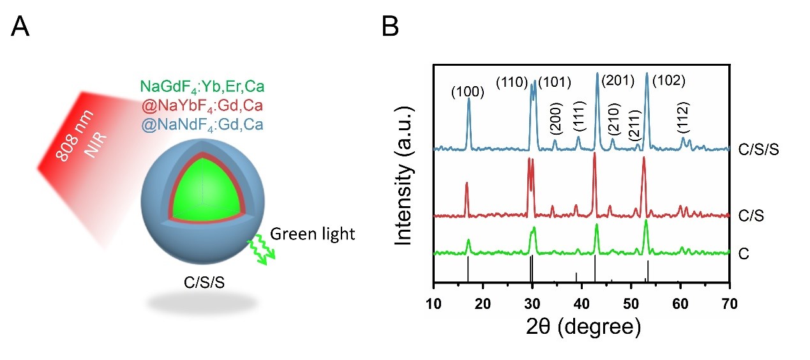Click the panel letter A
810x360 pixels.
click(21, 27)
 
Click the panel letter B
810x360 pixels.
click(390, 27)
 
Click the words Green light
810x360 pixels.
click(312, 234)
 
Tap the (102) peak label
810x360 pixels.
click(668, 81)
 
